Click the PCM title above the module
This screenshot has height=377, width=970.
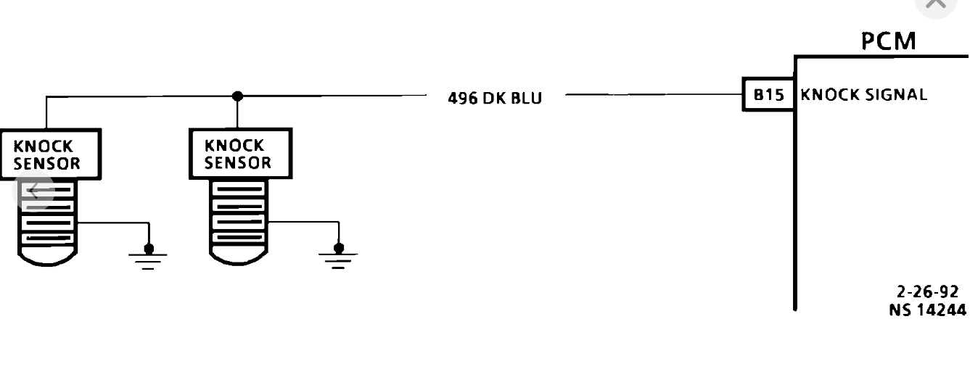click(x=889, y=41)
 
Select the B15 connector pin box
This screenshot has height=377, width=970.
click(x=769, y=95)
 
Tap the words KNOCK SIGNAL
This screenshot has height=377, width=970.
click(x=863, y=95)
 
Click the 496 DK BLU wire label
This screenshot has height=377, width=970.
click(x=495, y=98)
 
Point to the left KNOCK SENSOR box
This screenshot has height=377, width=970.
click(x=47, y=154)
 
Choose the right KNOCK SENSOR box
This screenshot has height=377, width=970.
click(x=239, y=154)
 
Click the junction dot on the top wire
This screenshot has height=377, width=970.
click(x=237, y=96)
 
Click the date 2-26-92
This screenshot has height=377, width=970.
click(x=927, y=291)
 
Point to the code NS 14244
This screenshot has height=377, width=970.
click(x=927, y=310)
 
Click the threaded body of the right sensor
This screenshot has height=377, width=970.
click(x=239, y=212)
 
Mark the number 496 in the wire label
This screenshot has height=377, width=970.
click(x=463, y=98)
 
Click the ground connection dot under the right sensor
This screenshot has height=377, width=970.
click(x=338, y=248)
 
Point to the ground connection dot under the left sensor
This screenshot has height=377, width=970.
click(x=149, y=248)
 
